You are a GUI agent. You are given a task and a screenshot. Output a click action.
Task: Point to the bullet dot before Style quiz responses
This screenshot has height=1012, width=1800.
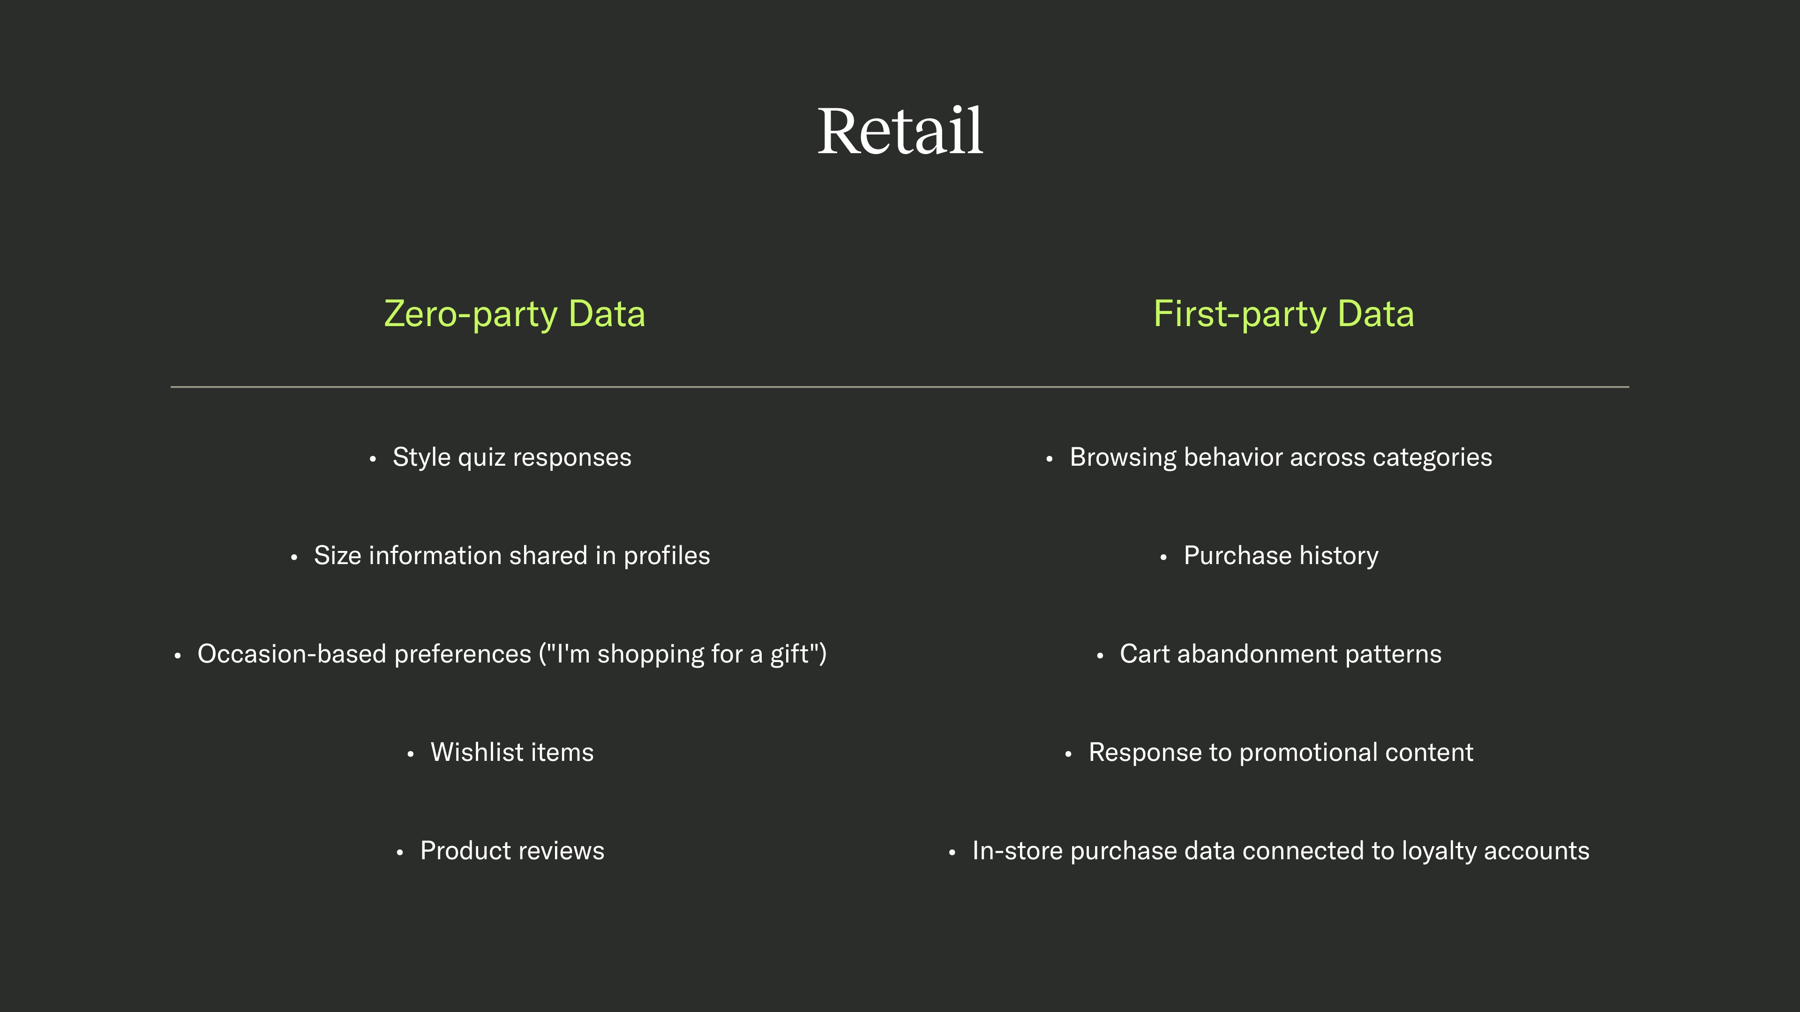pyautogui.click(x=373, y=459)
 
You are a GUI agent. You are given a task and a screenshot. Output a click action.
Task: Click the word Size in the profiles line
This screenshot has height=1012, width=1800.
pyautogui.click(x=337, y=556)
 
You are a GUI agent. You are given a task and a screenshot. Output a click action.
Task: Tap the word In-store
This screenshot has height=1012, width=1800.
pyautogui.click(x=1017, y=851)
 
